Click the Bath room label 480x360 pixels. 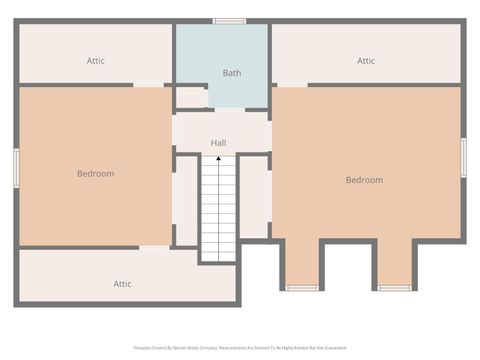[x=232, y=73]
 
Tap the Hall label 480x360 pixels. [x=218, y=143]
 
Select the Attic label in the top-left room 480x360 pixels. [x=96, y=61]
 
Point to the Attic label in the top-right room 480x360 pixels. [x=366, y=61]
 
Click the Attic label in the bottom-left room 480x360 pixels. [x=122, y=284]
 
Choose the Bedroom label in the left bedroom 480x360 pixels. [x=96, y=174]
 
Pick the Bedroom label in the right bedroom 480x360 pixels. [x=364, y=180]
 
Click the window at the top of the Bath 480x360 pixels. [x=230, y=20]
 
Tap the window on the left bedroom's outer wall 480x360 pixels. [x=16, y=167]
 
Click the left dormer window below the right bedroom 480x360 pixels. [x=301, y=288]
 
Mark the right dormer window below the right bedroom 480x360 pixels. [x=394, y=288]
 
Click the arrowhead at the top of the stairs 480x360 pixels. [x=218, y=158]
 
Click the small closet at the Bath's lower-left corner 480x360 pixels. [x=190, y=97]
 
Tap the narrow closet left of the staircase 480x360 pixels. [x=186, y=200]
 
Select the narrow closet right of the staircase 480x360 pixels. [x=254, y=196]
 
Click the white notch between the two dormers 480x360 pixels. [x=347, y=264]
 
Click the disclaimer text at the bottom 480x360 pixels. [x=240, y=348]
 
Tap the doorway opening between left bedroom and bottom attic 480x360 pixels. [x=154, y=247]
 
